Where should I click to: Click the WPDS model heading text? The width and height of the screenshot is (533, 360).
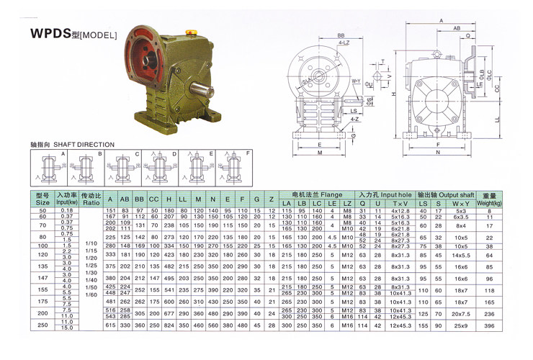(72, 33)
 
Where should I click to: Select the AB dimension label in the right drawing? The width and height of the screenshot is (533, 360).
(457, 28)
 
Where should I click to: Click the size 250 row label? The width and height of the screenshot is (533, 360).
(42, 326)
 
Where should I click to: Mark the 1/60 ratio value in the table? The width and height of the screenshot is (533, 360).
(91, 294)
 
